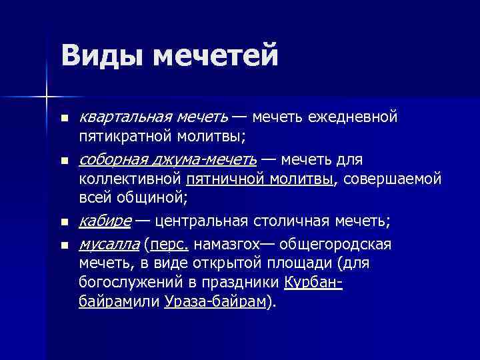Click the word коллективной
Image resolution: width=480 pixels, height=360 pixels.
[130, 179]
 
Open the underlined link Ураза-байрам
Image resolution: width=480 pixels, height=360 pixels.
[215, 301]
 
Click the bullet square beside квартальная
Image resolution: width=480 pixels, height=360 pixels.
[63, 119]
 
